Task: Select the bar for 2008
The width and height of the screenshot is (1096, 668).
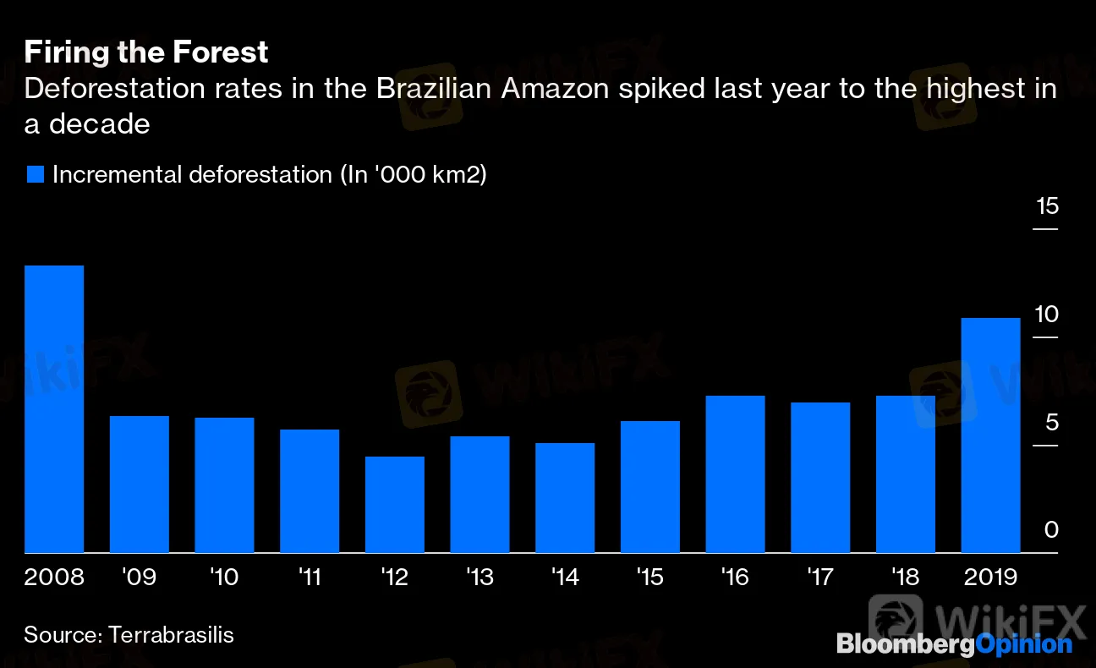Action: coord(54,409)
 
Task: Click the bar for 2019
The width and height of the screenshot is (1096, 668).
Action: coord(990,435)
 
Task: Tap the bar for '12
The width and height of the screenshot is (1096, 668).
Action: coord(395,505)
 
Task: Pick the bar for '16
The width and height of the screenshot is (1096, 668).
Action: coord(736,474)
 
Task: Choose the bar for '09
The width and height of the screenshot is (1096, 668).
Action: coord(140,485)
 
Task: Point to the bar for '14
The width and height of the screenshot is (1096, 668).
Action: coord(565,498)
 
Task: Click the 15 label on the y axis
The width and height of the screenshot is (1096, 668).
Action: coord(1046,206)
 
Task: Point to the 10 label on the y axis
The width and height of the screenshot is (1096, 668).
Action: coord(1046,315)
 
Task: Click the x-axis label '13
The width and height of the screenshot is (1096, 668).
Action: coord(479,578)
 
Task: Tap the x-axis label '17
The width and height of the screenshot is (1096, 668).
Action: coord(820,578)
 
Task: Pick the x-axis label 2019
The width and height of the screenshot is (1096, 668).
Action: coord(990,578)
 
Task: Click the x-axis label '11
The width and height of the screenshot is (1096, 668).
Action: coord(310,578)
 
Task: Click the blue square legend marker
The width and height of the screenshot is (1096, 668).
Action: coord(35,175)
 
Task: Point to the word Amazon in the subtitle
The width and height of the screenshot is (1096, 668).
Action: coord(553,89)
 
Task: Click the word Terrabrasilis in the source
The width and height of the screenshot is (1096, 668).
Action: coord(172,635)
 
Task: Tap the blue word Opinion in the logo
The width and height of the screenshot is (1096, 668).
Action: coord(1024,644)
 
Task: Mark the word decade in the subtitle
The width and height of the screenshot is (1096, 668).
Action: coord(99,124)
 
